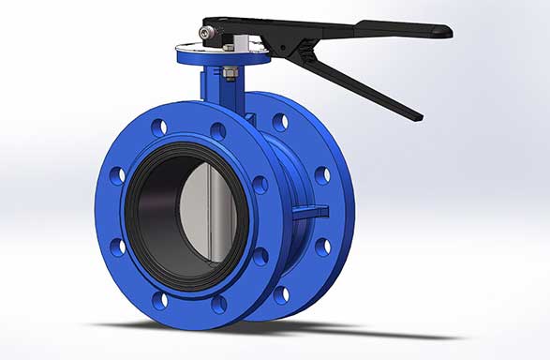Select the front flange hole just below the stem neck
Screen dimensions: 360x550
217,130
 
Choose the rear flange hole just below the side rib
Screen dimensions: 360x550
323,247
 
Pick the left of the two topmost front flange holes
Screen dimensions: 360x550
158,126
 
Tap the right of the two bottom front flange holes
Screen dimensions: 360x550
219,303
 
